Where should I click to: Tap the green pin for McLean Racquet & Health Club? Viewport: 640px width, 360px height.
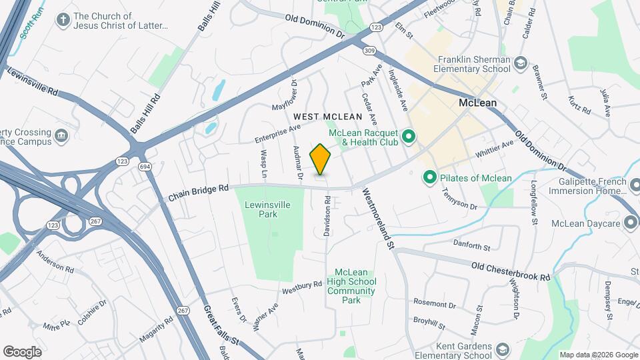(x=410, y=138)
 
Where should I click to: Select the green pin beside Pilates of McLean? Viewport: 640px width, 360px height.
(x=430, y=178)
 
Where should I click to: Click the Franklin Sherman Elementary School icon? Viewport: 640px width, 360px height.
(x=520, y=64)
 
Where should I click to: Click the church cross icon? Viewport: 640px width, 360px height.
(x=63, y=21)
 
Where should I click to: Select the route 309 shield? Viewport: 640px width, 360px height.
(x=369, y=50)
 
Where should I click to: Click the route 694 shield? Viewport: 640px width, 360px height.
(x=143, y=166)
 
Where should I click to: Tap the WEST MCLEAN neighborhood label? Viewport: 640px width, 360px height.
(x=327, y=117)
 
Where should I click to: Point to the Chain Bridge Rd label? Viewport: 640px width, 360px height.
(x=198, y=193)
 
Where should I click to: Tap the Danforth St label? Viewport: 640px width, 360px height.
(x=471, y=245)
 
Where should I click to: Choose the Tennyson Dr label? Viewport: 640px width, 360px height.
(x=459, y=199)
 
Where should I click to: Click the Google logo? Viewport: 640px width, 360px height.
(x=22, y=351)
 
